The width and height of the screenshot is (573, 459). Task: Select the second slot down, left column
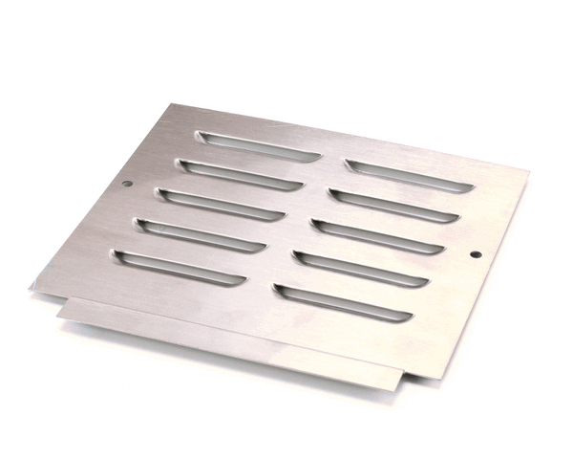coord(239,174)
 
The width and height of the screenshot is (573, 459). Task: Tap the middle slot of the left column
coord(222,204)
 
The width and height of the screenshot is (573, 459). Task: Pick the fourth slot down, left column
coord(200,235)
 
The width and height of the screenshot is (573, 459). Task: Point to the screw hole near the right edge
coord(477,254)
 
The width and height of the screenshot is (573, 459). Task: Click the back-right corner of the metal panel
coord(528,172)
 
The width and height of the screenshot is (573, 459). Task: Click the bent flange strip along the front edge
coord(229,336)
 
